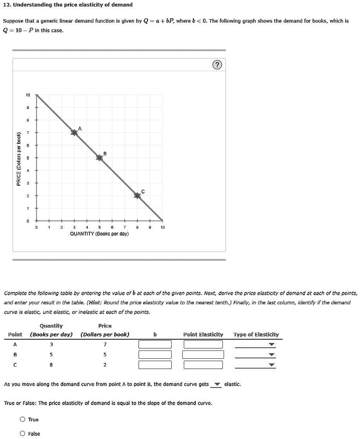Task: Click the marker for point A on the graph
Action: click(x=74, y=133)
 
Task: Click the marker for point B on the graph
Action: click(x=99, y=158)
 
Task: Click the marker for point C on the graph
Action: click(x=137, y=196)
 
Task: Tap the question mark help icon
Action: click(x=216, y=65)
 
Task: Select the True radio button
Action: click(x=22, y=420)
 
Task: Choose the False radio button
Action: click(x=22, y=434)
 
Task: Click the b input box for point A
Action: click(x=155, y=344)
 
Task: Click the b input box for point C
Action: click(x=155, y=365)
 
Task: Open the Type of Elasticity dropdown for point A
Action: click(x=255, y=344)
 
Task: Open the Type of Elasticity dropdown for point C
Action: click(x=255, y=365)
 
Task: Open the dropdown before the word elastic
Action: click(x=216, y=385)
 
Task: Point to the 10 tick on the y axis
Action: click(x=28, y=95)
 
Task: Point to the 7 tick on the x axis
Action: click(x=125, y=227)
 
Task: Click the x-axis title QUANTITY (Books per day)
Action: click(x=99, y=234)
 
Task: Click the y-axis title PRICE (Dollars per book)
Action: click(x=18, y=159)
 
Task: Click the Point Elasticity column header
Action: click(x=203, y=335)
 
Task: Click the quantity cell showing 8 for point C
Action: click(x=51, y=365)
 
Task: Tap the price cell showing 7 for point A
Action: click(x=105, y=344)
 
